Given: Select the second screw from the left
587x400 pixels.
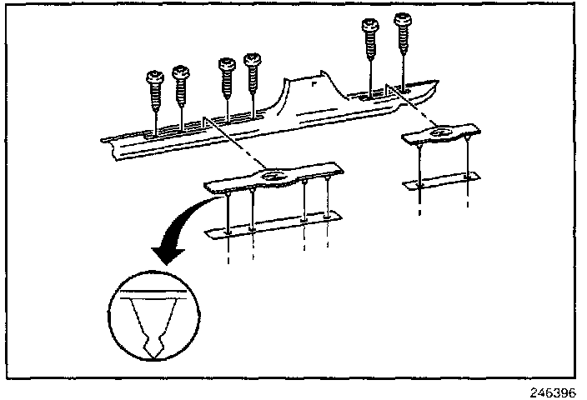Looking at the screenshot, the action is point(180,76).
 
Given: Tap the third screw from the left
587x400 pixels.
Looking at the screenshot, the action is point(226,67).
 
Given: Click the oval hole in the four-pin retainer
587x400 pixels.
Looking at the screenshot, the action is point(273,177).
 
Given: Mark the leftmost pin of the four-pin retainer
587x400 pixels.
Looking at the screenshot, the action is point(228,212).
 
